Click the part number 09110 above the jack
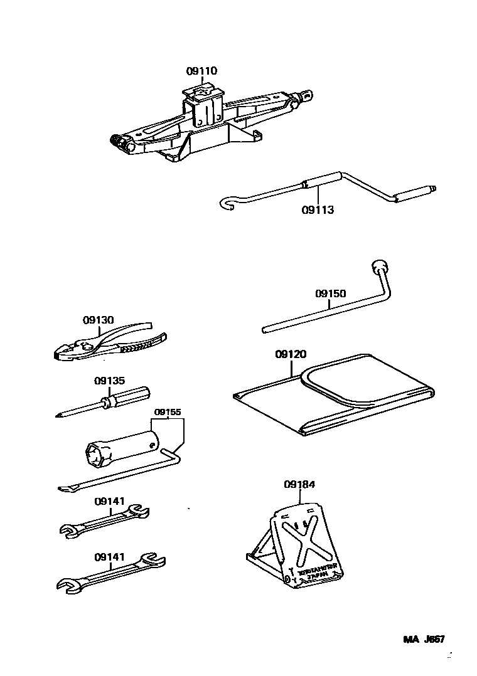point(201,71)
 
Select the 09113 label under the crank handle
point(318,210)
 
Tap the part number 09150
point(330,293)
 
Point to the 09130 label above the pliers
point(99,319)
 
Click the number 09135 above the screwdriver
point(110,380)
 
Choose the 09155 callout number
point(168,412)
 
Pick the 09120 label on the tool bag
point(291,354)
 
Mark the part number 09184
point(299,484)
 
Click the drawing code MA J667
point(424,640)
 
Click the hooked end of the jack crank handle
point(230,202)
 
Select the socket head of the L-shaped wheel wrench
point(380,267)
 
